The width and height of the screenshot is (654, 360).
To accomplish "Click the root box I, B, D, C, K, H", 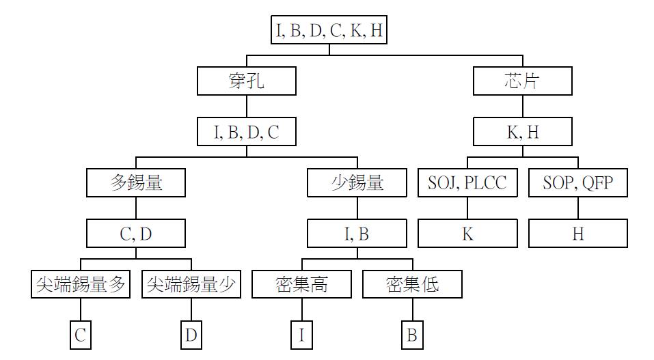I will pyautogui.click(x=329, y=31).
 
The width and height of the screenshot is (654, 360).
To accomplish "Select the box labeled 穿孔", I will pyautogui.click(x=247, y=81).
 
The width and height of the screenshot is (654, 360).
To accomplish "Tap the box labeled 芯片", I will pyautogui.click(x=523, y=81).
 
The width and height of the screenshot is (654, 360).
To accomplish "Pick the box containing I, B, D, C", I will pyautogui.click(x=247, y=132).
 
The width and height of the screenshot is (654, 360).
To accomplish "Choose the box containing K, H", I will pyautogui.click(x=523, y=132).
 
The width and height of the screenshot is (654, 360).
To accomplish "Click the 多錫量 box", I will pyautogui.click(x=136, y=182).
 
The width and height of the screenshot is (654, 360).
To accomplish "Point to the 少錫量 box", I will pyautogui.click(x=357, y=182).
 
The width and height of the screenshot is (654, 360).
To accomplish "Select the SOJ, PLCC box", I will pyautogui.click(x=467, y=182).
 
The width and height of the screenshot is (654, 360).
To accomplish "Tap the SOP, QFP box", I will pyautogui.click(x=578, y=182).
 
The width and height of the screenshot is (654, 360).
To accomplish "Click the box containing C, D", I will pyautogui.click(x=136, y=234).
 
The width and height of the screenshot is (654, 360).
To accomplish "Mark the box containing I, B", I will pyautogui.click(x=357, y=234).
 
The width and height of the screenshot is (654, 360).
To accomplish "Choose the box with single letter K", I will pyautogui.click(x=467, y=234).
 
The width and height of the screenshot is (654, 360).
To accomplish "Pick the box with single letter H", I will pyautogui.click(x=578, y=234).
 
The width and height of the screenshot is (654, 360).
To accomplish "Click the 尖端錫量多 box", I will pyautogui.click(x=81, y=284).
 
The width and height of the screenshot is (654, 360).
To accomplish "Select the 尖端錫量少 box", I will pyautogui.click(x=191, y=284).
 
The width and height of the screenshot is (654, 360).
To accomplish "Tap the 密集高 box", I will pyautogui.click(x=301, y=284).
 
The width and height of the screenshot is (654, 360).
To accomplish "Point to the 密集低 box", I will pyautogui.click(x=412, y=284).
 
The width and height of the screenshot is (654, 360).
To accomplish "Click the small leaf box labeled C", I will pyautogui.click(x=81, y=335).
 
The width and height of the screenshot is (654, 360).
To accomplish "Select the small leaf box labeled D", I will pyautogui.click(x=191, y=335).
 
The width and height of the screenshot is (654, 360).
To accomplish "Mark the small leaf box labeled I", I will pyautogui.click(x=301, y=335).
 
